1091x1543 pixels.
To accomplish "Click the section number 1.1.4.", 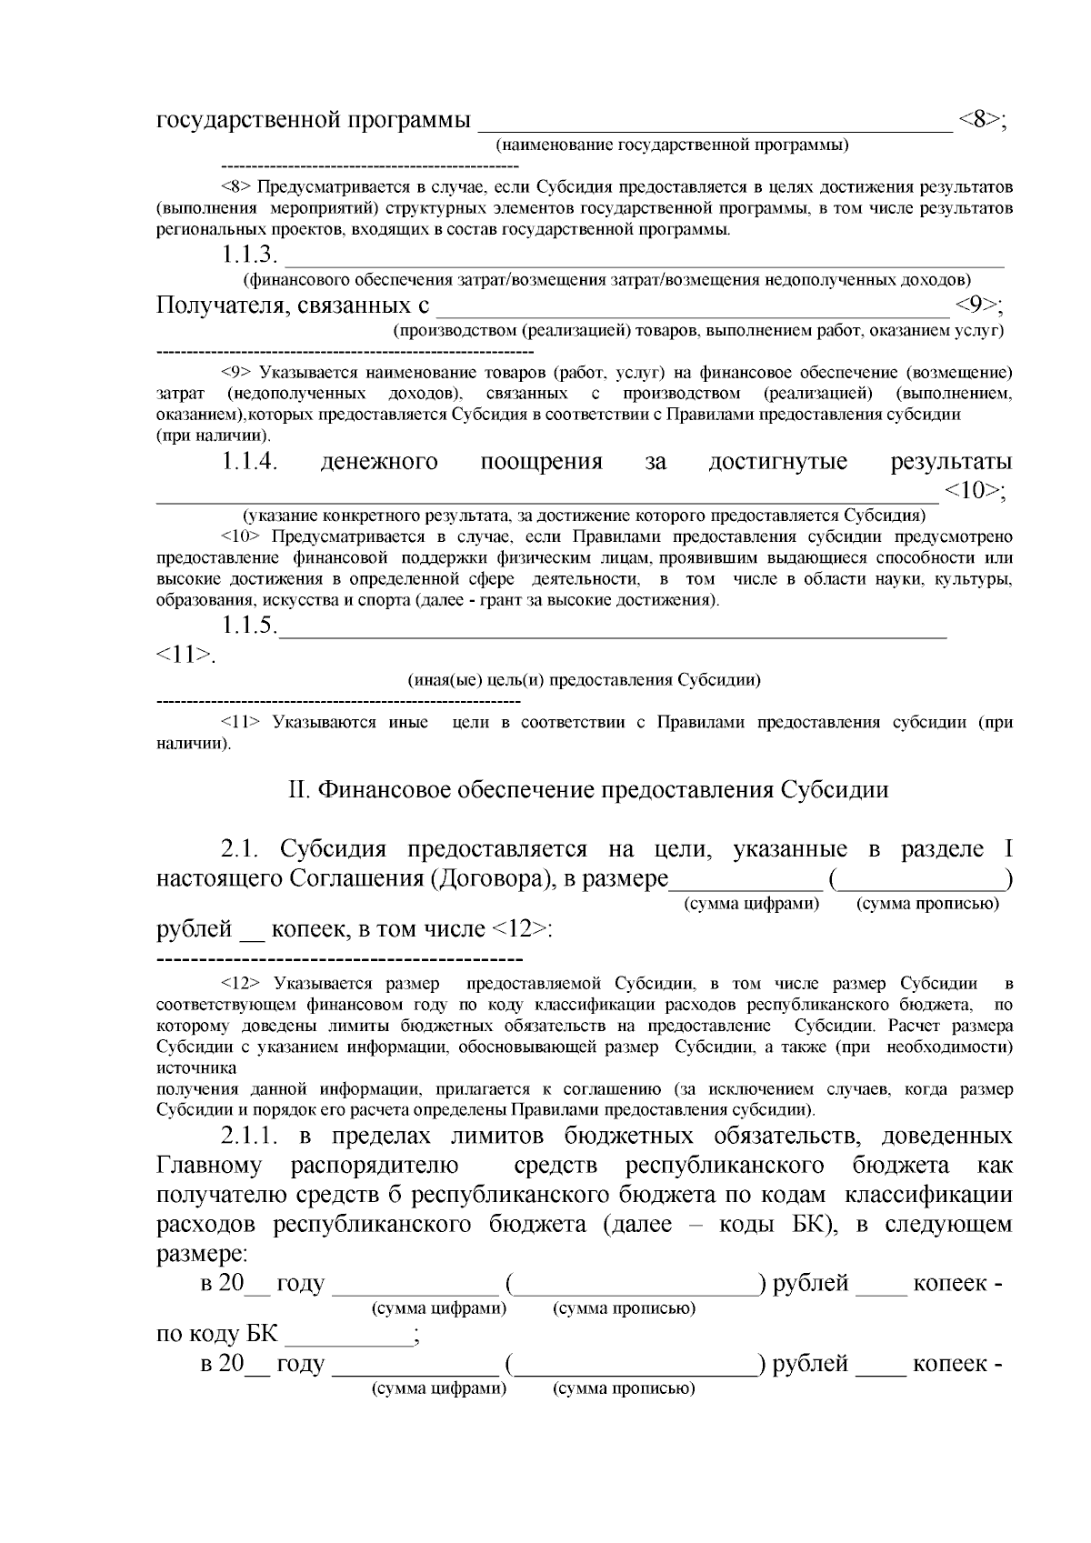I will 249,462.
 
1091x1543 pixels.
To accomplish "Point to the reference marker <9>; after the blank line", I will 979,305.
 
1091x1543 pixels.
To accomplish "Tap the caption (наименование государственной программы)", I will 671,145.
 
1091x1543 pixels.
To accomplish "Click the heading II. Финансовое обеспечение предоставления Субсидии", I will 587,789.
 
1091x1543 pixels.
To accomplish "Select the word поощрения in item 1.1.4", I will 541,462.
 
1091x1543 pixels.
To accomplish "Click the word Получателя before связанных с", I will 220,305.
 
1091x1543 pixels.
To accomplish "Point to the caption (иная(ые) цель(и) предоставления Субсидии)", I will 583,679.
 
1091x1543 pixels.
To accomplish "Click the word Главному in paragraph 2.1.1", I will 209,1166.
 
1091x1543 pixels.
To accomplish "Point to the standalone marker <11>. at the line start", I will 186,655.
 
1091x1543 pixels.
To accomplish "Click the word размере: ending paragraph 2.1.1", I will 202,1253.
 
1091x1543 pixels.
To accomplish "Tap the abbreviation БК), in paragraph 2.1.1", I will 806,1224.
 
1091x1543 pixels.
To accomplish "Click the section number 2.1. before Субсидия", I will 241,849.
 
